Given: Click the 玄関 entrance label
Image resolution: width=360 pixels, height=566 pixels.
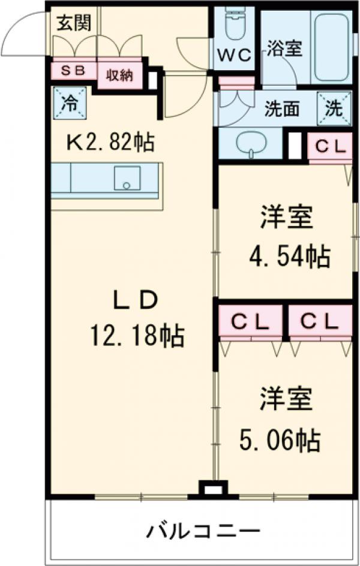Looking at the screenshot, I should click(73, 23).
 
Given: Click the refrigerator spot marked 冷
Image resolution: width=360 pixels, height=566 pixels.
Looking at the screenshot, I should click(70, 103).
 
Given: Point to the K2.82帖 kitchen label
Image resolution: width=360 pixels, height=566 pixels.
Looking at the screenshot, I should click(110, 143).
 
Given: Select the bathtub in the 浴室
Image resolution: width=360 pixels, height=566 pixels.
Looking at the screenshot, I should click(332, 46).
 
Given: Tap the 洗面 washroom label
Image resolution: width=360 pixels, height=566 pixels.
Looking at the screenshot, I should click(282, 109).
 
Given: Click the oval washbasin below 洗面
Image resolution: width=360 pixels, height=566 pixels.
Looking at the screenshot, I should click(249, 144).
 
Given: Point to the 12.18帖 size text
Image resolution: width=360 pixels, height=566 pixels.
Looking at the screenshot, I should click(137, 337).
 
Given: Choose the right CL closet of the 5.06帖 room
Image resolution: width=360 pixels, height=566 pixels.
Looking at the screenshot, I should click(319, 322).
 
